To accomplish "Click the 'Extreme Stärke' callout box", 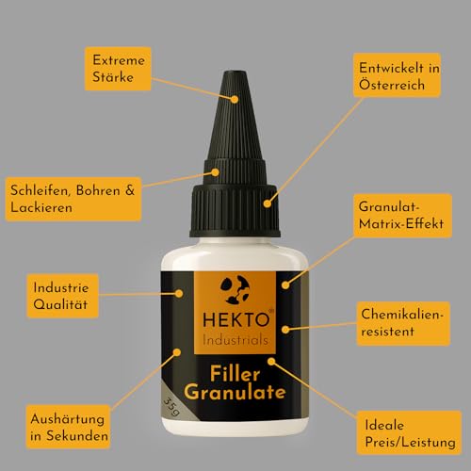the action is point(118,69).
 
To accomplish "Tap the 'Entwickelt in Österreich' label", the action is point(398,75).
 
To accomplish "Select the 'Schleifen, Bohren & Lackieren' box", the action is point(73,199).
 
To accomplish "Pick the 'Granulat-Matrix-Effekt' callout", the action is point(402,216).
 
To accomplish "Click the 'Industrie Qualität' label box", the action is point(63,296).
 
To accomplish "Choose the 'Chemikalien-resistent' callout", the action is point(403,323).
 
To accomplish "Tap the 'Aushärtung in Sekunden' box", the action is point(68,427).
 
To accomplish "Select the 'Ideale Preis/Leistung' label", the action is point(409,432).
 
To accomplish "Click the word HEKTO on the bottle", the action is point(236,319).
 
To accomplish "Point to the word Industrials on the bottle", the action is point(235,340).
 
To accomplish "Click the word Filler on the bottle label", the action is point(235,374).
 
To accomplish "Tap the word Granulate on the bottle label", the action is point(235,393).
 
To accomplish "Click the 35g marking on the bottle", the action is point(172,407).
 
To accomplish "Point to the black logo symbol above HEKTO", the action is point(235,290).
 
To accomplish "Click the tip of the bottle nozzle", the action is point(235,73).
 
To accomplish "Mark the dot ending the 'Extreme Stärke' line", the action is point(235,99).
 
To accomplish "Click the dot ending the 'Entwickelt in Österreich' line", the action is point(268,203).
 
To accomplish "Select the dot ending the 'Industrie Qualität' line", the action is point(179,293).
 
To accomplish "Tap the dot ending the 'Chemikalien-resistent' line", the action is point(285,330).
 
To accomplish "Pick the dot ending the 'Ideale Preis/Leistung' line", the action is point(271,362).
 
